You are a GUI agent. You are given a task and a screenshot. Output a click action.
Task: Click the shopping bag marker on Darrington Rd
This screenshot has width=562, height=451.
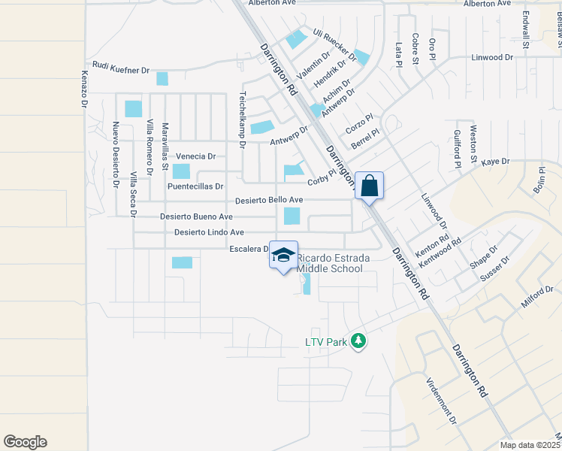[x=370, y=185]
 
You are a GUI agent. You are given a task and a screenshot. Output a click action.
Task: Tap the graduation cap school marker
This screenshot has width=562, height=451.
[x=283, y=256]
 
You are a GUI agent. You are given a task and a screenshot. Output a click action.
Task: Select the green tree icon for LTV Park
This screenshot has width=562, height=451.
[x=358, y=341]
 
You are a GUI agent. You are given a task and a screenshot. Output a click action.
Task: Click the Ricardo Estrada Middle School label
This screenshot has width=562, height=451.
[x=334, y=263]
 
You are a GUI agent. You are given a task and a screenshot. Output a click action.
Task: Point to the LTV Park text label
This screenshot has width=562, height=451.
[x=325, y=342]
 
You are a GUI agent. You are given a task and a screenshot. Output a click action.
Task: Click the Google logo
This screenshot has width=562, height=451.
[x=25, y=442]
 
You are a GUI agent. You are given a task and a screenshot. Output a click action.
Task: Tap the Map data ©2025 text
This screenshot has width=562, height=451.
[x=530, y=445]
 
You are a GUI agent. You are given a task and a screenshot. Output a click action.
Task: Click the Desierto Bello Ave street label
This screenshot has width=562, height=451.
[x=269, y=200]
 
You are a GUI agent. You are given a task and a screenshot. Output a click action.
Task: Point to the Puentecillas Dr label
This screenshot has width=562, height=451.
[x=195, y=186]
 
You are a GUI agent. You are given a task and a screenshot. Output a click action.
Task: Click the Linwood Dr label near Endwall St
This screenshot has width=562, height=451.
[x=491, y=57]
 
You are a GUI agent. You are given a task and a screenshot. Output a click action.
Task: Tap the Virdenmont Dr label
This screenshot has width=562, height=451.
[x=440, y=400]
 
